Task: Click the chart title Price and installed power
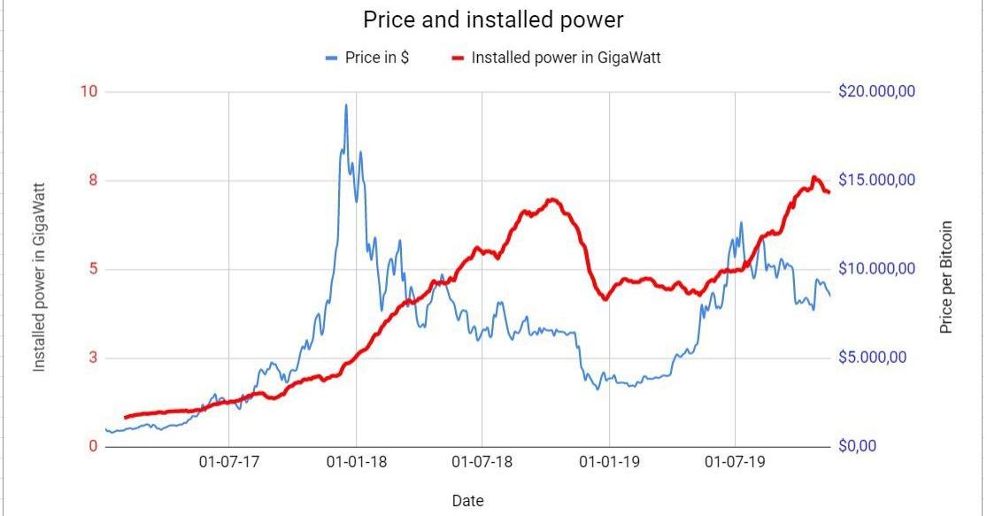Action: [x=492, y=20]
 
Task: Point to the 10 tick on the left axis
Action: [x=89, y=92]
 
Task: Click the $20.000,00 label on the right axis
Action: [x=876, y=92]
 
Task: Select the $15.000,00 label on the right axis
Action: [x=876, y=181]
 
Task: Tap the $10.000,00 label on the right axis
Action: [x=876, y=269]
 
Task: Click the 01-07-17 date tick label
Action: [x=228, y=463]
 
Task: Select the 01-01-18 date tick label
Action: [x=356, y=463]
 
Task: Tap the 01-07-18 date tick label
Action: [x=482, y=463]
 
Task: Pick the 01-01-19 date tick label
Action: [x=610, y=463]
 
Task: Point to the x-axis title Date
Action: [x=467, y=501]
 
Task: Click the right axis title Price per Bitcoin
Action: [x=946, y=277]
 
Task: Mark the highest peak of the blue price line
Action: [x=346, y=105]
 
